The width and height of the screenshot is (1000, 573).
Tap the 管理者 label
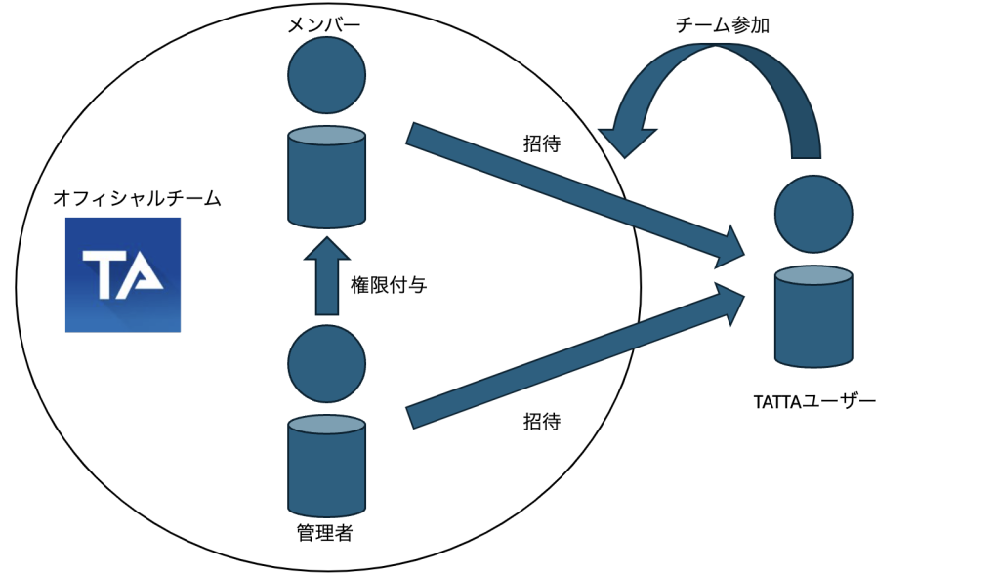(x=324, y=533)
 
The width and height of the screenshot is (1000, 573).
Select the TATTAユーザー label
(x=814, y=400)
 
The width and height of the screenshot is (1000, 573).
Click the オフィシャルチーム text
(x=137, y=199)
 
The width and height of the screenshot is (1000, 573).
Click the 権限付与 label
(x=388, y=286)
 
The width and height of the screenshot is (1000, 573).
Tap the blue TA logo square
(x=123, y=274)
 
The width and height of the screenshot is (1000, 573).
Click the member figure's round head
(x=326, y=74)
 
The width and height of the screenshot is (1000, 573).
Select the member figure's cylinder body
(x=326, y=178)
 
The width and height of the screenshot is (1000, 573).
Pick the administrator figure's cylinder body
(x=326, y=466)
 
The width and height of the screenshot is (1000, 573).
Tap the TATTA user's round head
(x=813, y=213)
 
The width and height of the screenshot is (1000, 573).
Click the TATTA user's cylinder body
(x=813, y=314)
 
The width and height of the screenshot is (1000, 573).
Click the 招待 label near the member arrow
(x=542, y=143)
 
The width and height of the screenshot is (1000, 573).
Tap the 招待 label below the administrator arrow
(x=542, y=422)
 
